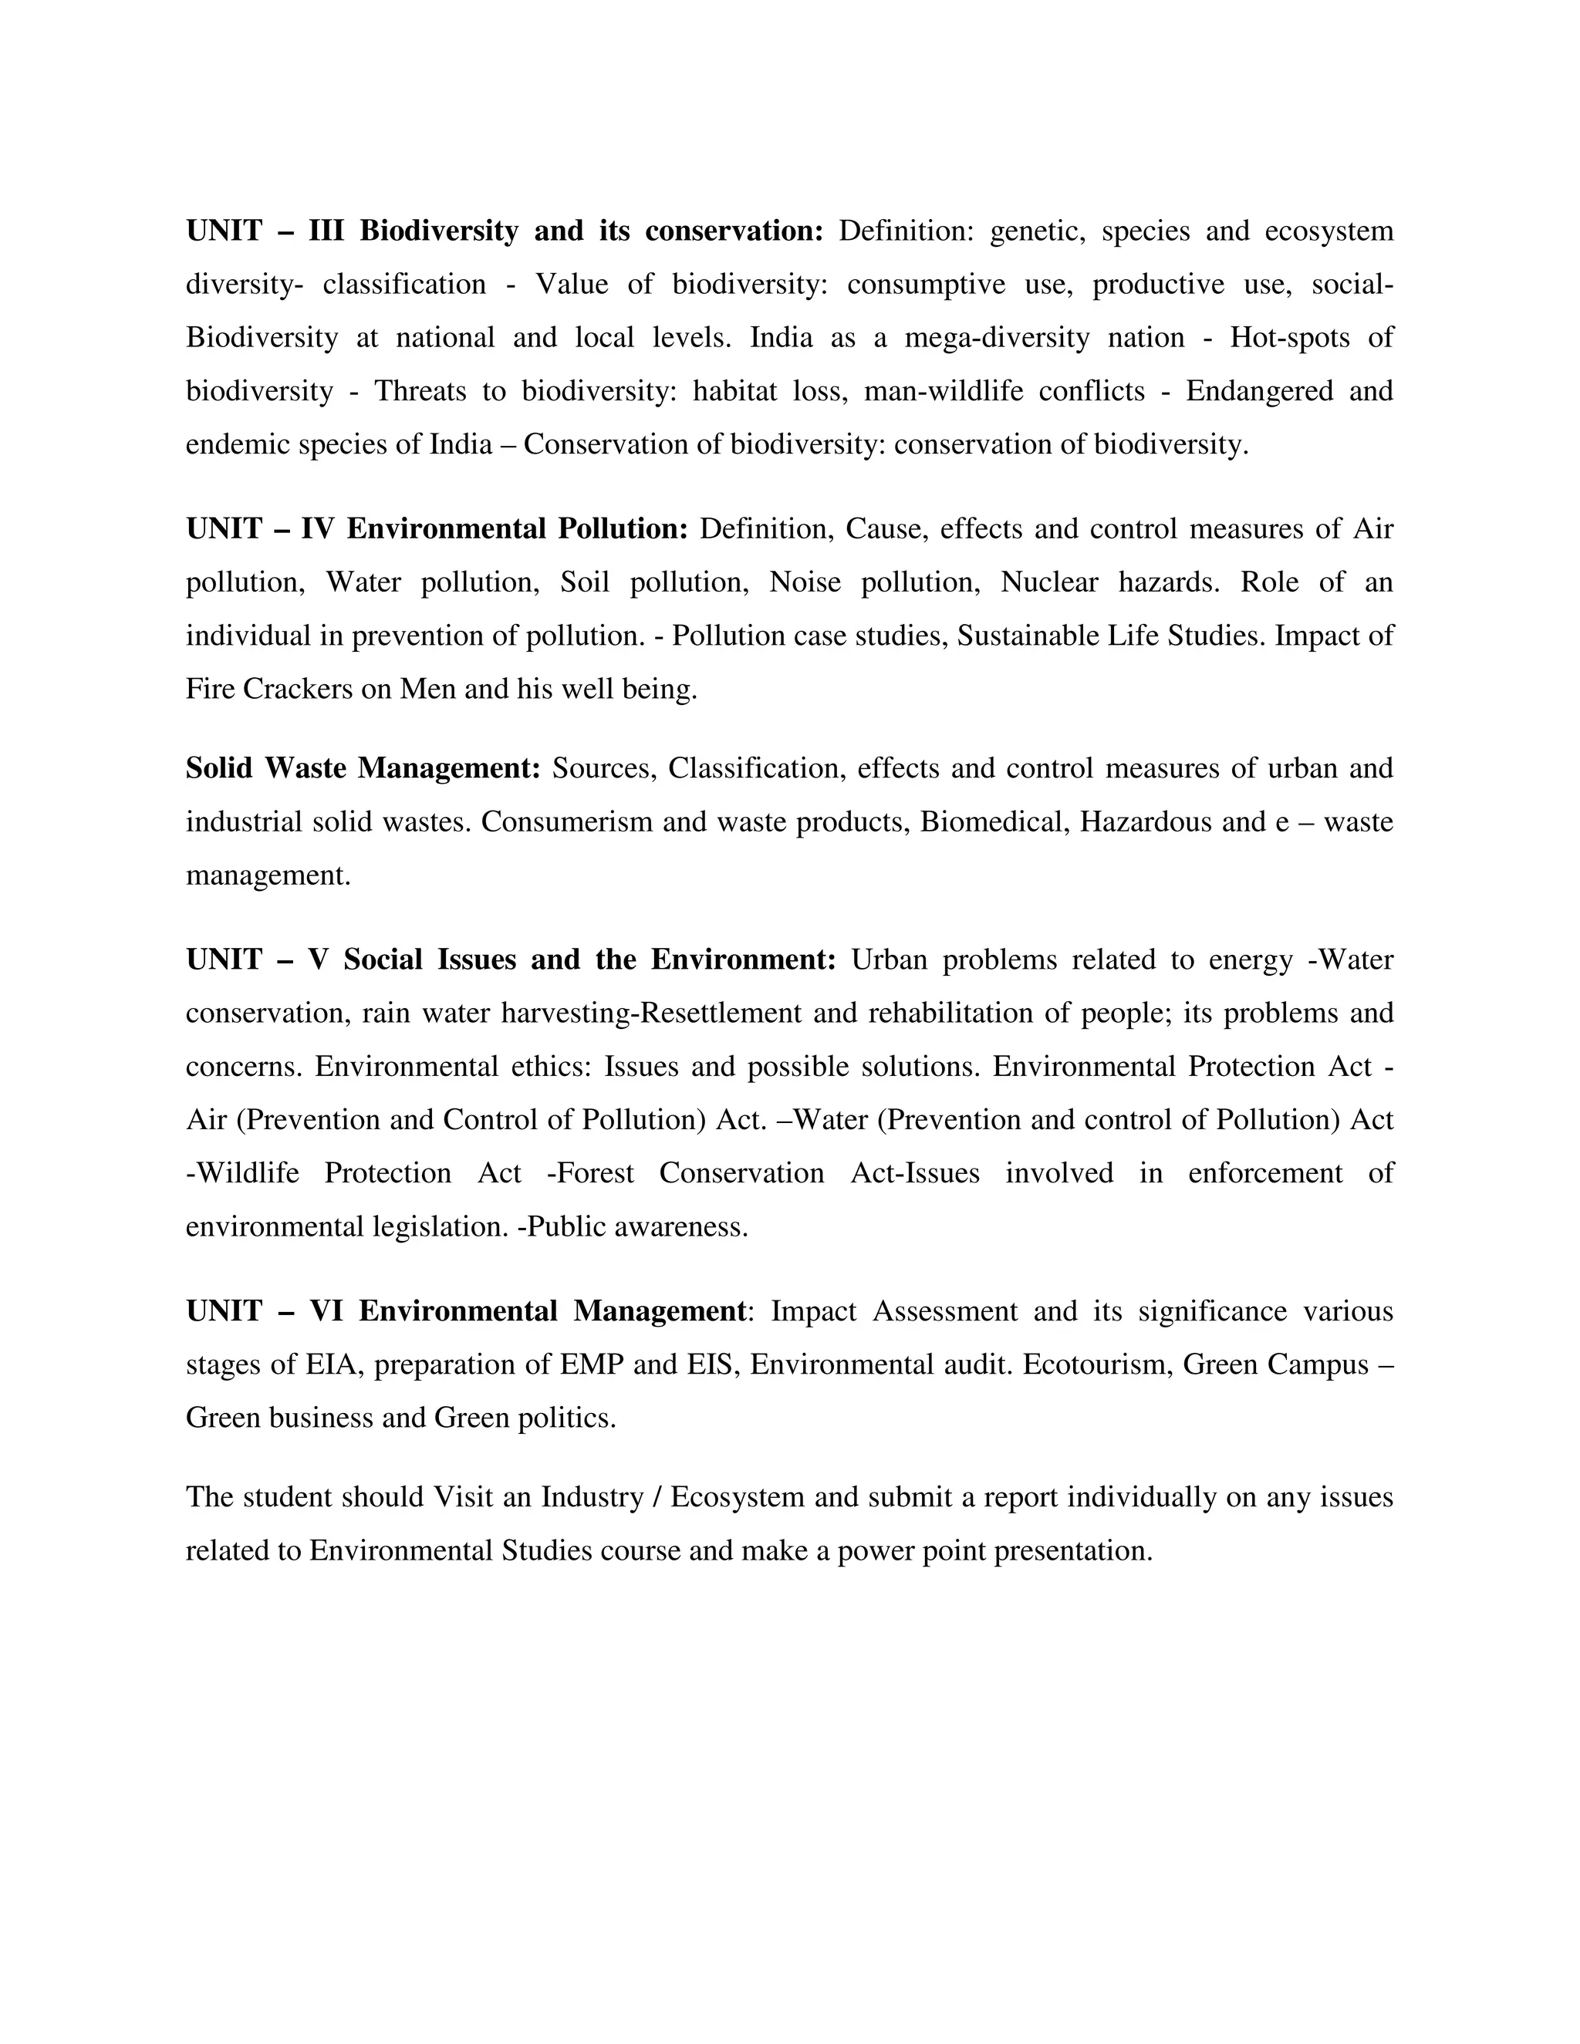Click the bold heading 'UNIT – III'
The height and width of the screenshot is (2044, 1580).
265,231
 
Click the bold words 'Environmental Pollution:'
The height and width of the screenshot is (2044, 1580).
518,530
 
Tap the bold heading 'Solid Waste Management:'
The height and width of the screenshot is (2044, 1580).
363,768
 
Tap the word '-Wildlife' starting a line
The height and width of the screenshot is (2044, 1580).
242,1174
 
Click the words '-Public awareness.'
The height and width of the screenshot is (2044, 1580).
633,1227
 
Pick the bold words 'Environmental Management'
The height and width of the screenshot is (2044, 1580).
552,1312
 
